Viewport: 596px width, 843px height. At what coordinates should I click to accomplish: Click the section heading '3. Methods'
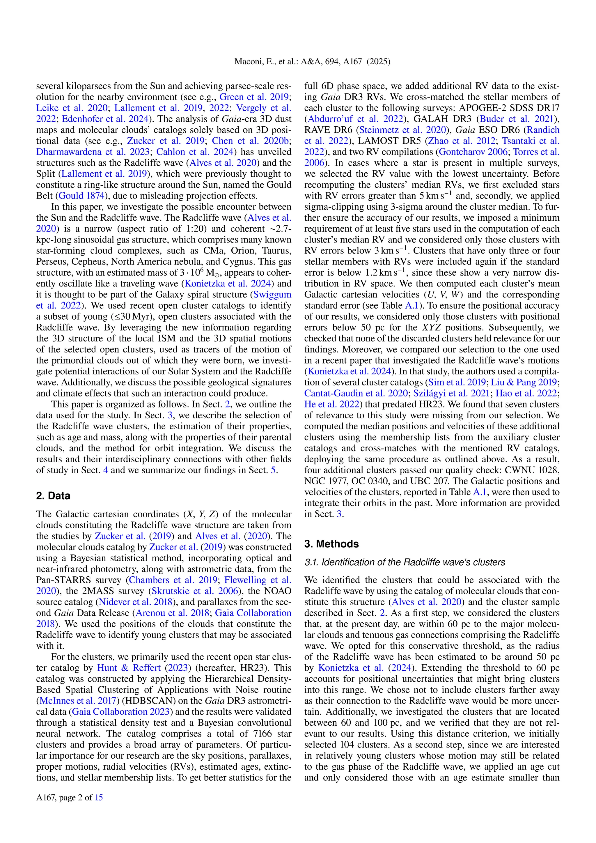coord(331,544)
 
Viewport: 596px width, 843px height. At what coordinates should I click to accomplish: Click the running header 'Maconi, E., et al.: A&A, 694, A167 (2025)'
coord(312,62)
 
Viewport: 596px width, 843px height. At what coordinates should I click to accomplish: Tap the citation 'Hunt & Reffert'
coord(129,668)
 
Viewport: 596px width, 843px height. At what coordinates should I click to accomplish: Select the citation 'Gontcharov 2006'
coord(473,152)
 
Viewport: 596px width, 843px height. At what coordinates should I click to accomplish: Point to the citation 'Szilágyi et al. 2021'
coord(451,394)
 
